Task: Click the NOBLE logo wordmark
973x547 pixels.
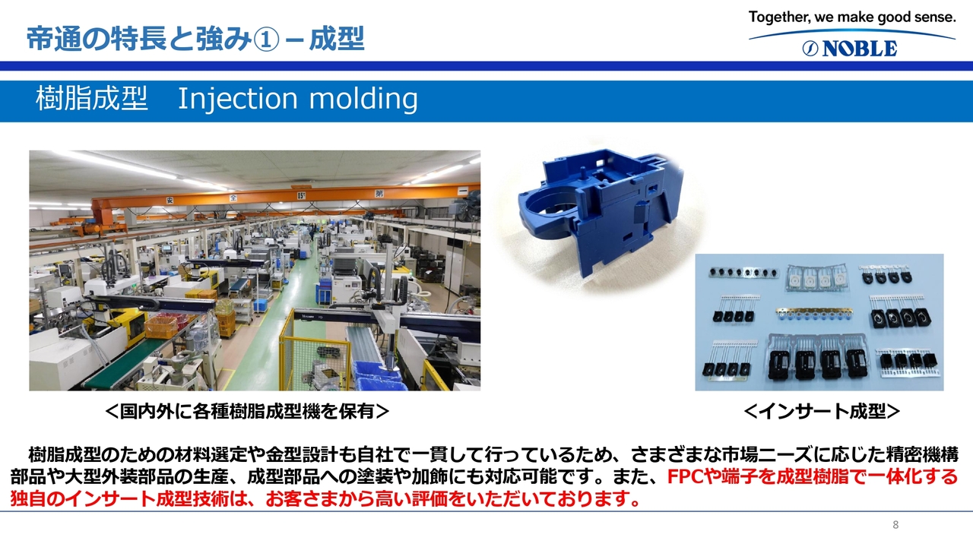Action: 850,48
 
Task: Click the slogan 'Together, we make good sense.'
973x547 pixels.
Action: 852,17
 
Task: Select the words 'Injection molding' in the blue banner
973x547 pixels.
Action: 298,99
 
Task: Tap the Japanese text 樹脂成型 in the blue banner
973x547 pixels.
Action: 92,99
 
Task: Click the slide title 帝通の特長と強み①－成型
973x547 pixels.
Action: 195,39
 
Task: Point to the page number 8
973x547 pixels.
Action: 895,525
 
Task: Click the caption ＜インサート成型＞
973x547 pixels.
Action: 822,411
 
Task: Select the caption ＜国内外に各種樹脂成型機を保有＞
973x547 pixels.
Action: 247,411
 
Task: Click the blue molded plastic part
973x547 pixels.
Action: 601,213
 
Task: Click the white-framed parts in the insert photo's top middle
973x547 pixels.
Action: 816,278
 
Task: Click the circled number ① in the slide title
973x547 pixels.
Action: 265,40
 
